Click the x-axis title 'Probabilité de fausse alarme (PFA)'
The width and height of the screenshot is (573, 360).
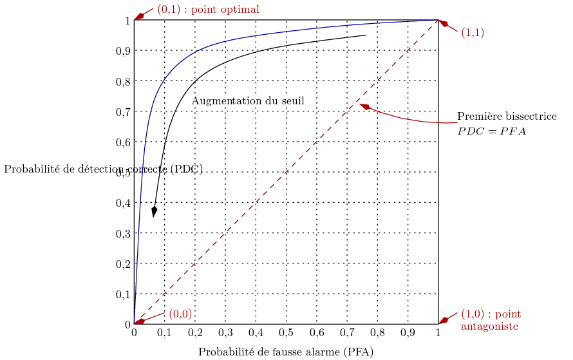click(285, 352)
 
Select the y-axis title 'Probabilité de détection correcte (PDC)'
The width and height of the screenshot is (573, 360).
click(103, 169)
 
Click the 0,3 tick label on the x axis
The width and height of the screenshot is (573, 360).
click(225, 333)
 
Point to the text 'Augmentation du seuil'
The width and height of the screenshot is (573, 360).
click(248, 101)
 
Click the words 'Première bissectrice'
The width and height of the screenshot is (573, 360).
click(507, 117)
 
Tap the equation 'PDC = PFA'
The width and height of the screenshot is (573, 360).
click(492, 131)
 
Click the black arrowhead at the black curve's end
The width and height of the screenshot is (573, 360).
click(154, 212)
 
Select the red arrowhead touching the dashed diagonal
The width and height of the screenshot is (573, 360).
click(364, 107)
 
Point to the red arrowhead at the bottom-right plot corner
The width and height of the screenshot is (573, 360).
click(443, 320)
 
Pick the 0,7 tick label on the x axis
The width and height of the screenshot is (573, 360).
click(347, 333)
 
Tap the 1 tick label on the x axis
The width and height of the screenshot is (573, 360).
click(438, 333)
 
